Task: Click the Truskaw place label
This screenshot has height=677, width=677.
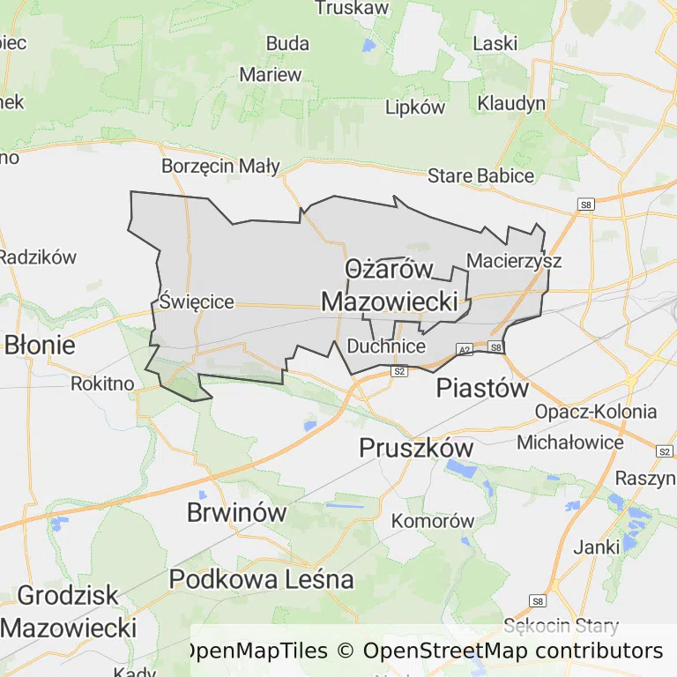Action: coord(352,8)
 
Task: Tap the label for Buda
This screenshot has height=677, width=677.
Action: coord(287,43)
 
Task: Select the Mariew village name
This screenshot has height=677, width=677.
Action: coord(271,74)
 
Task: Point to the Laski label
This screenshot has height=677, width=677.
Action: coord(495,43)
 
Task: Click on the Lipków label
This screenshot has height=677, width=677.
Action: coord(415,107)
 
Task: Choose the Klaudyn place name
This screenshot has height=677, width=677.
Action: coord(511,103)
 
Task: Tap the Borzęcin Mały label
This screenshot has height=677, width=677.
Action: coord(220,166)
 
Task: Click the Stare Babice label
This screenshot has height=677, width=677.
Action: coord(480,175)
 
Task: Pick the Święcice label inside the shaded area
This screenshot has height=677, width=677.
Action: coord(197,301)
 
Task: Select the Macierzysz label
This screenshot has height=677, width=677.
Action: coord(514,261)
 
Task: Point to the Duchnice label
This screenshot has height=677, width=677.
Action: coord(386,346)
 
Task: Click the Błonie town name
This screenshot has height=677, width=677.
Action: coord(40,344)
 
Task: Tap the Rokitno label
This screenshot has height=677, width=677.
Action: coord(102,383)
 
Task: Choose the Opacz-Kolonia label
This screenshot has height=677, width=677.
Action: coord(596,412)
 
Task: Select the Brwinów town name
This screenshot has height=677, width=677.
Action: coord(237,512)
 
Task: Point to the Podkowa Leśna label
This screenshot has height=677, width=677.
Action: coord(261,579)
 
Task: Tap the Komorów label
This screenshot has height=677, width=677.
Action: coord(433,521)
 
